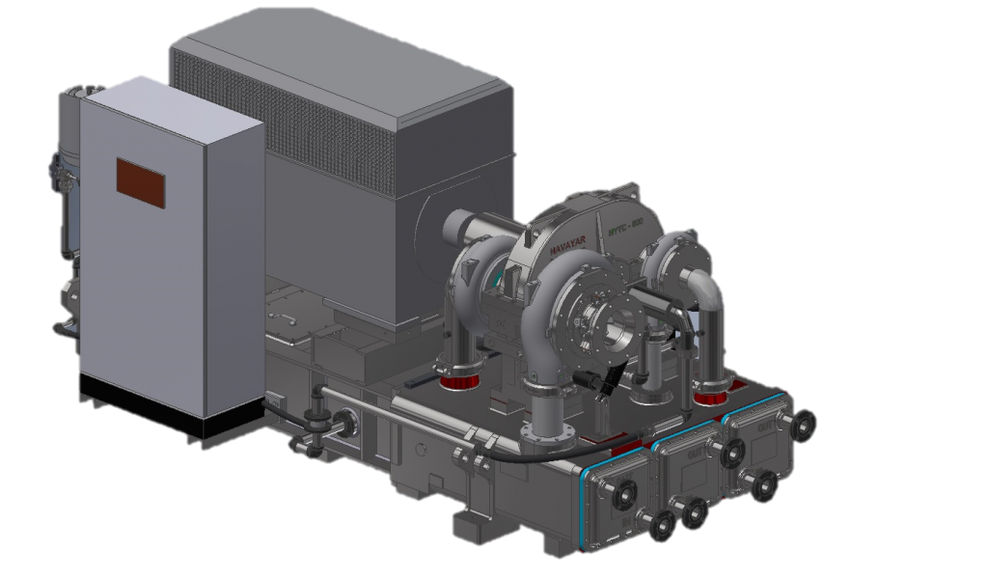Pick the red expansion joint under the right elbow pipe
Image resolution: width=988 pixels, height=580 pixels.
pos(712,396)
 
